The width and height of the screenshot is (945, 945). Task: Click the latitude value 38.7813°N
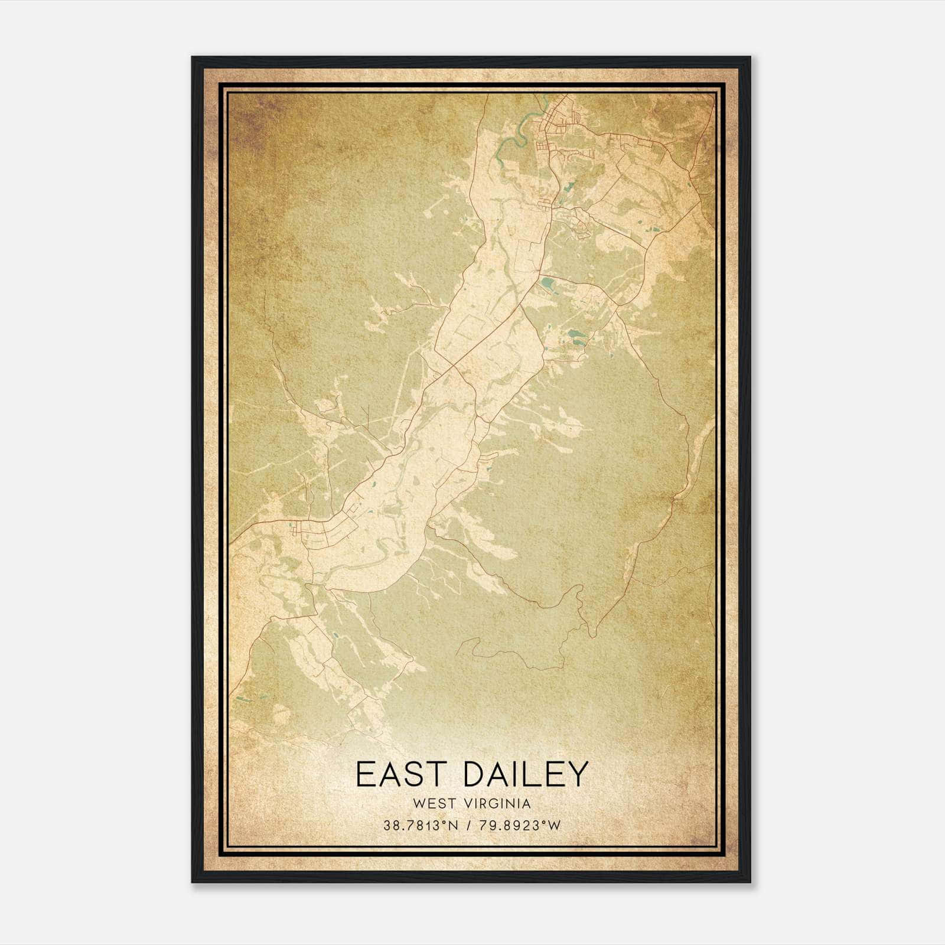pyautogui.click(x=421, y=826)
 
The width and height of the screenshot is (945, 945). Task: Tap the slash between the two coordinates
pyautogui.click(x=467, y=826)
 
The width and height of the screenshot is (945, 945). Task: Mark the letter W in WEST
pyautogui.click(x=419, y=803)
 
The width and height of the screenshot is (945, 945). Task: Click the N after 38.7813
pyautogui.click(x=454, y=826)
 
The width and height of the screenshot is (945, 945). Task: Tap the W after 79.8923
pyautogui.click(x=553, y=826)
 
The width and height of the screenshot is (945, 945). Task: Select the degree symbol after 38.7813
pyautogui.click(x=447, y=823)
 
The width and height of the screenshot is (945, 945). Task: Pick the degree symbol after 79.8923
pyautogui.click(x=545, y=823)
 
